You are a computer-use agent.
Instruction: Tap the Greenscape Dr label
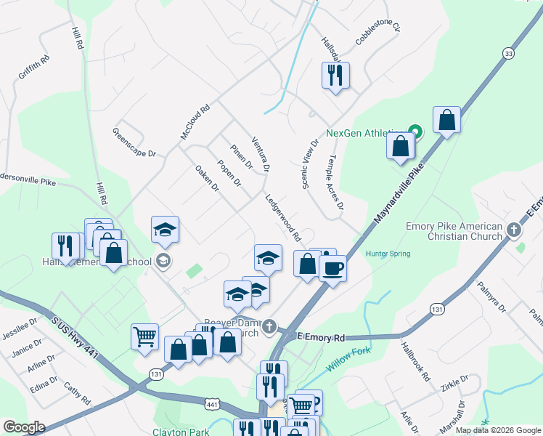(134, 143)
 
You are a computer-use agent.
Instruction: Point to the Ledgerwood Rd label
(282, 217)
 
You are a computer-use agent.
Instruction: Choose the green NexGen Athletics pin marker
(415, 132)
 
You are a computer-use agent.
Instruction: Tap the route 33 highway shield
(508, 53)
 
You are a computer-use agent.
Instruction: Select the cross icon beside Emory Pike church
(514, 231)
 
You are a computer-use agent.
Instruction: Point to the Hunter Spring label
(388, 254)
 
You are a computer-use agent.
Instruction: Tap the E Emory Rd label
(321, 338)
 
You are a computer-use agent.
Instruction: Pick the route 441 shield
(212, 403)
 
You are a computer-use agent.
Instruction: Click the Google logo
(24, 427)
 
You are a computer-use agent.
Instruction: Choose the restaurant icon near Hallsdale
(335, 75)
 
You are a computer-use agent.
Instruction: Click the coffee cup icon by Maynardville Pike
(332, 268)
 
